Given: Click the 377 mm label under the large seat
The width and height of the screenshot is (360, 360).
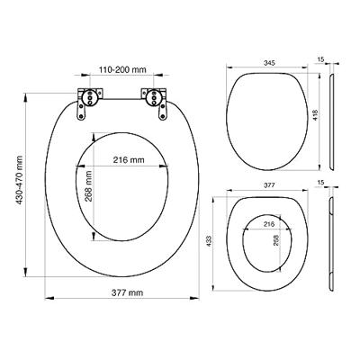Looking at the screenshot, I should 127,292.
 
